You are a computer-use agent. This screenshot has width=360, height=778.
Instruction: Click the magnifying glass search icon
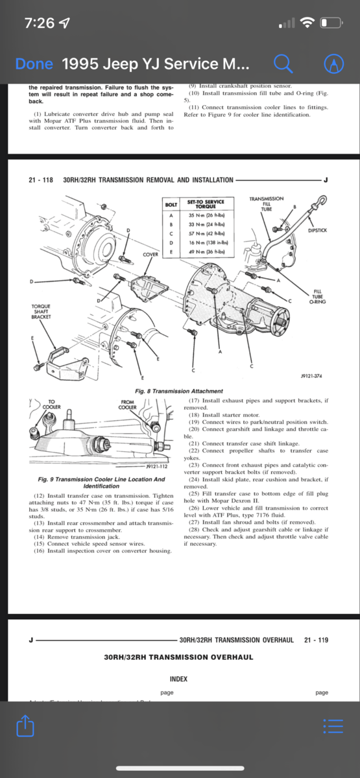point(283,63)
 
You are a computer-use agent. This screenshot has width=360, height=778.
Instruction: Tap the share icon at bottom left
point(24,726)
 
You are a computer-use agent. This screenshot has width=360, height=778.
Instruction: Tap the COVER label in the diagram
point(150,254)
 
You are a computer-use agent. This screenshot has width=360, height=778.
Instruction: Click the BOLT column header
point(171,205)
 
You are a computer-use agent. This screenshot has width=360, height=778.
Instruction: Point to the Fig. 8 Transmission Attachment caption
point(178,391)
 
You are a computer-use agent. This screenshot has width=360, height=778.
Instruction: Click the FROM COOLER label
point(128,405)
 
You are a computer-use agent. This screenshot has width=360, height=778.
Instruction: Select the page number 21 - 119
point(316,640)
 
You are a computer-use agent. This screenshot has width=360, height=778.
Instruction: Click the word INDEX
point(178,679)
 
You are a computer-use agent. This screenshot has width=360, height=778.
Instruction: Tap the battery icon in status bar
point(331,23)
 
